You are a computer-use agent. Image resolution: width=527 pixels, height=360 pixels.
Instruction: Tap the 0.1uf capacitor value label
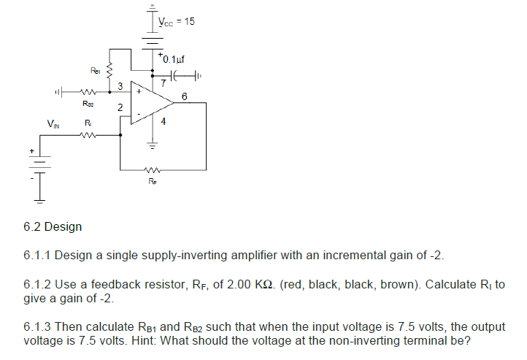point(174,58)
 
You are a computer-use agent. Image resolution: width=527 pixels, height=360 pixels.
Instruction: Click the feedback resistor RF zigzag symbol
point(152,164)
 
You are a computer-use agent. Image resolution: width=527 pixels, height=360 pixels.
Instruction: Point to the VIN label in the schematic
point(53,125)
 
